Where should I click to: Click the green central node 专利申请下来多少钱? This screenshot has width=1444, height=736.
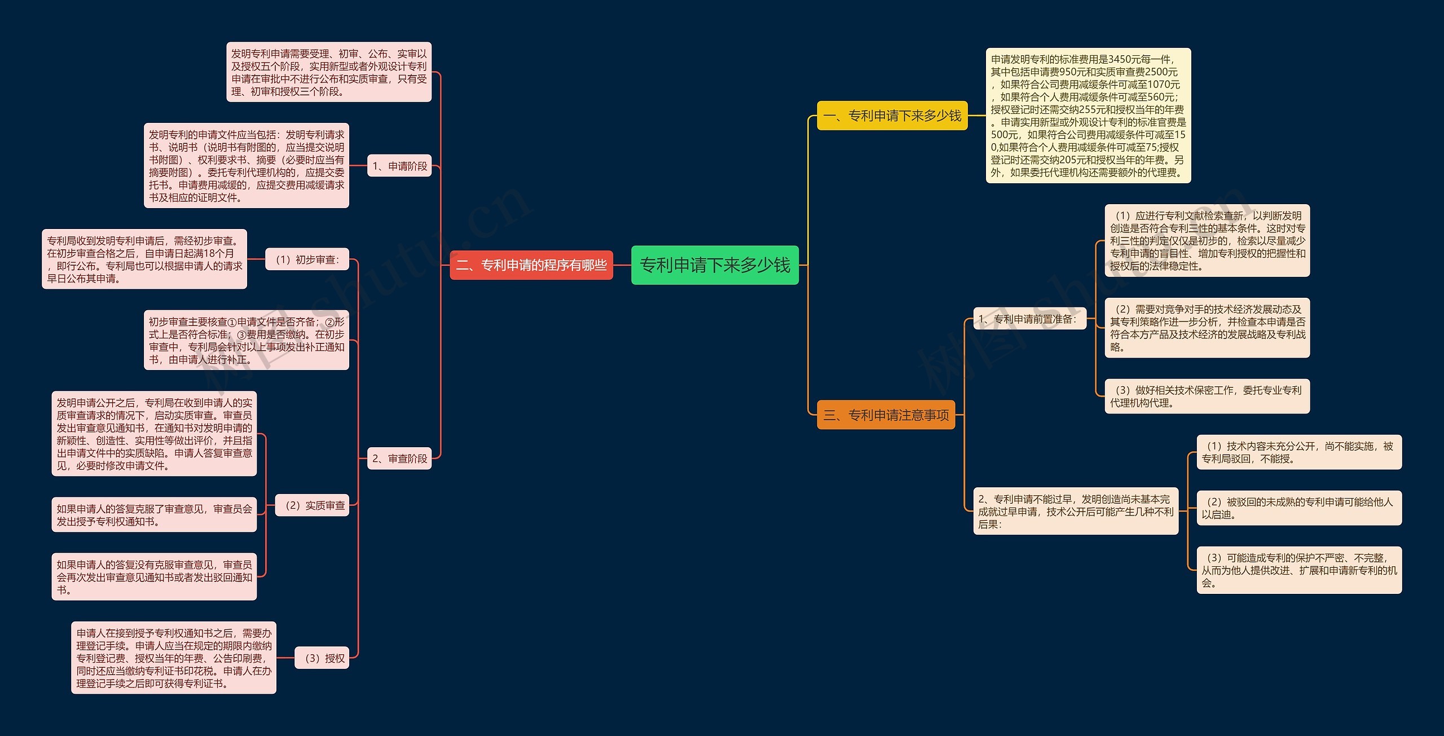[715, 265]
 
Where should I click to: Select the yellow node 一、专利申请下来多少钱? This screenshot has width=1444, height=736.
[892, 116]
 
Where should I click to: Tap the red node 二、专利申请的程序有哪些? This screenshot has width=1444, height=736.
[531, 265]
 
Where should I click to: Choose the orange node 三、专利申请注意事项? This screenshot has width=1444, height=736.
[886, 415]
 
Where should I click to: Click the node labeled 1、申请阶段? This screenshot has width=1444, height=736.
[399, 166]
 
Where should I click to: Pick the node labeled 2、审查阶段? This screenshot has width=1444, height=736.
[399, 459]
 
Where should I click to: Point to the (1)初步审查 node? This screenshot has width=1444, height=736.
[307, 259]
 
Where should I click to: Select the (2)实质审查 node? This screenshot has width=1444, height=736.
[312, 505]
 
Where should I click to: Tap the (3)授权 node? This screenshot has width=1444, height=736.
[322, 658]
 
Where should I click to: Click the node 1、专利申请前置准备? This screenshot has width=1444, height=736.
[1029, 319]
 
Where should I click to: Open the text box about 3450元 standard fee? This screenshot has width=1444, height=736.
[1088, 116]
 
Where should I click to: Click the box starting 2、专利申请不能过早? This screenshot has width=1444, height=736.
[1076, 511]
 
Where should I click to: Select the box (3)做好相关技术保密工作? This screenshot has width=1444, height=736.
[1207, 396]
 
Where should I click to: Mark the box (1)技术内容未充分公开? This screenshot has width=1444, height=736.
[1299, 452]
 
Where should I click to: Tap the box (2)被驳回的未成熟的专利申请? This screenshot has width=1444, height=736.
[1299, 508]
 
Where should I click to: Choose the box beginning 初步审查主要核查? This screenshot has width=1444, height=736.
[246, 340]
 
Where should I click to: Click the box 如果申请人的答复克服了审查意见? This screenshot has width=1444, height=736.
[154, 514]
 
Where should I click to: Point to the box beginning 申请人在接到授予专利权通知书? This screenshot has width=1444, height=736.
[174, 658]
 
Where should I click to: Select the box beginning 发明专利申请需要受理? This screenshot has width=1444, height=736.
[329, 72]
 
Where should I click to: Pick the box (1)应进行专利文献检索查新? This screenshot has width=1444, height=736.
[1207, 241]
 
